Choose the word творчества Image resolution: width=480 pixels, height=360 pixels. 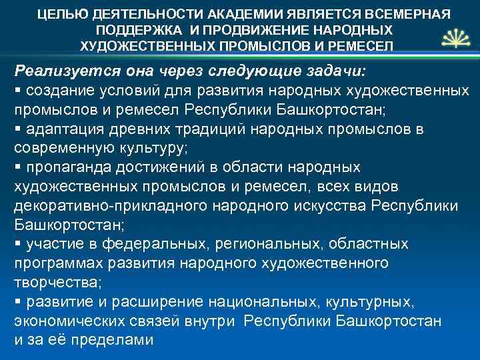point(55,282)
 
